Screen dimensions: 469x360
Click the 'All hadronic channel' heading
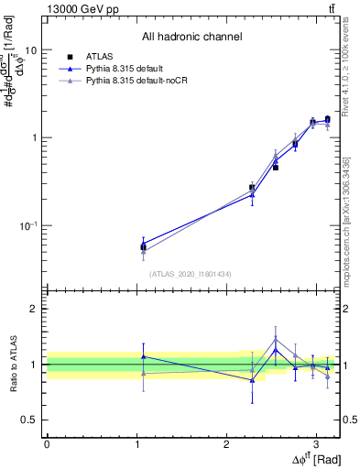pyautogui.click(x=191, y=37)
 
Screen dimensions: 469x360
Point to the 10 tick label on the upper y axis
pyautogui.click(x=30, y=50)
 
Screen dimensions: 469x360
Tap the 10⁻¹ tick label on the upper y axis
pyautogui.click(x=29, y=224)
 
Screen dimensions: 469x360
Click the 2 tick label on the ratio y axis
pyautogui.click(x=35, y=310)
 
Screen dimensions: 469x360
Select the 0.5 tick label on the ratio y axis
pyautogui.click(x=31, y=420)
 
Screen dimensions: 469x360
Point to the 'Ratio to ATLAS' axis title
pyautogui.click(x=12, y=365)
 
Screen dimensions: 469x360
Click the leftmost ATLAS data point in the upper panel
pyautogui.click(x=143, y=246)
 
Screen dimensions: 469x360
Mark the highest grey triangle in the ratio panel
pyautogui.click(x=276, y=339)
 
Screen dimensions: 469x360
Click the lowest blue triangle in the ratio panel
pyautogui.click(x=252, y=379)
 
